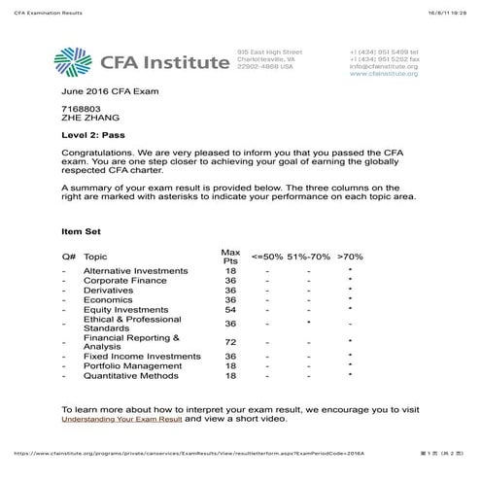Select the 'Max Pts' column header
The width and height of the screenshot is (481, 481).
(230, 257)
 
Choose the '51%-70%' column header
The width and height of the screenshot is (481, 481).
(308, 258)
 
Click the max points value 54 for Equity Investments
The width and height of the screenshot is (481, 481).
(230, 310)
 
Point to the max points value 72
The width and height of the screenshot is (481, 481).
(230, 342)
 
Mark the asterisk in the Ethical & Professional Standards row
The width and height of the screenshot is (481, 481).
(308, 324)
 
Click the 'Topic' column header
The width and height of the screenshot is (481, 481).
(95, 258)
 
